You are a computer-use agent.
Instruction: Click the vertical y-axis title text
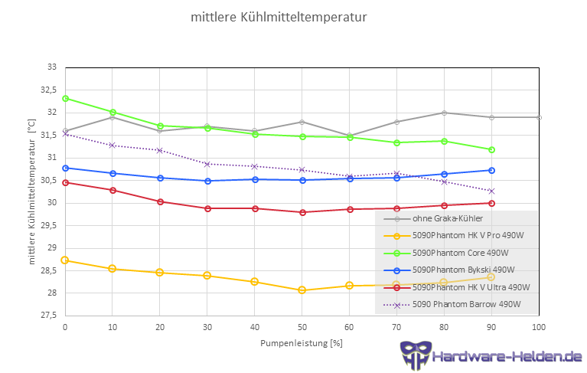click(x=32, y=191)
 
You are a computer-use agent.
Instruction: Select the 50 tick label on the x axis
click(x=302, y=327)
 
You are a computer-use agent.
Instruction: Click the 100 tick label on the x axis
click(x=539, y=327)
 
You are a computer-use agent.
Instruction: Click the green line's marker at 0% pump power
click(x=65, y=99)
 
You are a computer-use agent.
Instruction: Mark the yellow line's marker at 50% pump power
click(x=302, y=290)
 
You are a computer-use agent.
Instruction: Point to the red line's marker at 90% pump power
click(x=491, y=203)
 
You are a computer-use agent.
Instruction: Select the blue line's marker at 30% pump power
click(x=207, y=181)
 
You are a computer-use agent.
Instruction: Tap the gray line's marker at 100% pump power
click(x=539, y=117)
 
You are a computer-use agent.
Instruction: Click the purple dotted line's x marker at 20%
click(x=159, y=150)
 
